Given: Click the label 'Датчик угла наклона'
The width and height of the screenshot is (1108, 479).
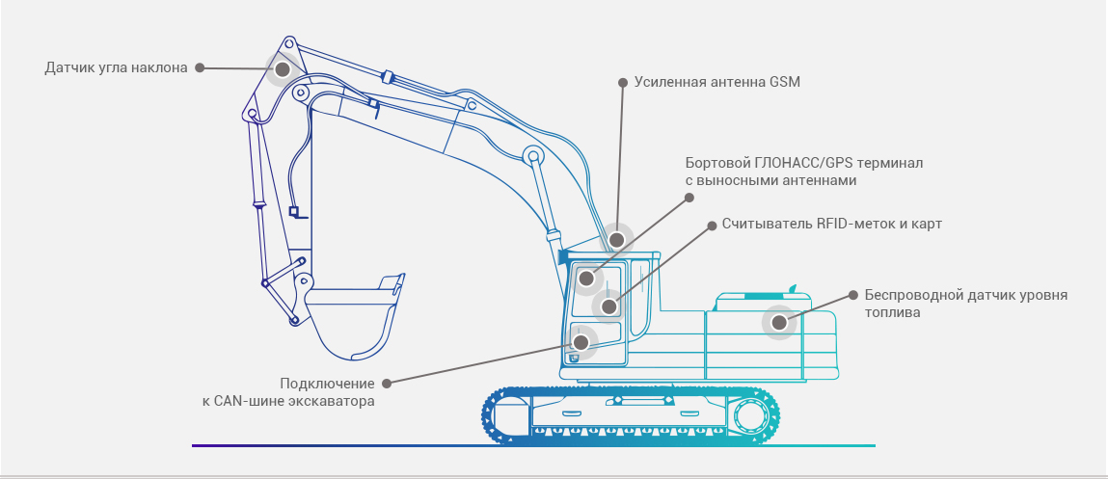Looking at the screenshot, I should (116, 68).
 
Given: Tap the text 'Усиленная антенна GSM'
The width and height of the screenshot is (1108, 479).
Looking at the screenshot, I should (717, 82).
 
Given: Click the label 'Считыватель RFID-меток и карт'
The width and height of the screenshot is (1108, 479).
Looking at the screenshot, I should (831, 224).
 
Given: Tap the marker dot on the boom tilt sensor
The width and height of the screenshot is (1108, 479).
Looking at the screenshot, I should (283, 70).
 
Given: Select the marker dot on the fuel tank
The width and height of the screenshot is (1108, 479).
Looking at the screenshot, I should (779, 323).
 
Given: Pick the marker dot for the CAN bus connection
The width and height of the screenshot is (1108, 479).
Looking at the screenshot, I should (581, 341).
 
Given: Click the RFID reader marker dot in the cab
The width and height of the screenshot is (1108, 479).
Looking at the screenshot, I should (608, 307).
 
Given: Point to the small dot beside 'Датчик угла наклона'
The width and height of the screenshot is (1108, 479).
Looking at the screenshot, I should (200, 68).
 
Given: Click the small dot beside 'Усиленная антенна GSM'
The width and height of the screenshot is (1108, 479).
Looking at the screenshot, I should (622, 83).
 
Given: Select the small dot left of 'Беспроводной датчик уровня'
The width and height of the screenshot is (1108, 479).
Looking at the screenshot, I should (851, 295).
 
